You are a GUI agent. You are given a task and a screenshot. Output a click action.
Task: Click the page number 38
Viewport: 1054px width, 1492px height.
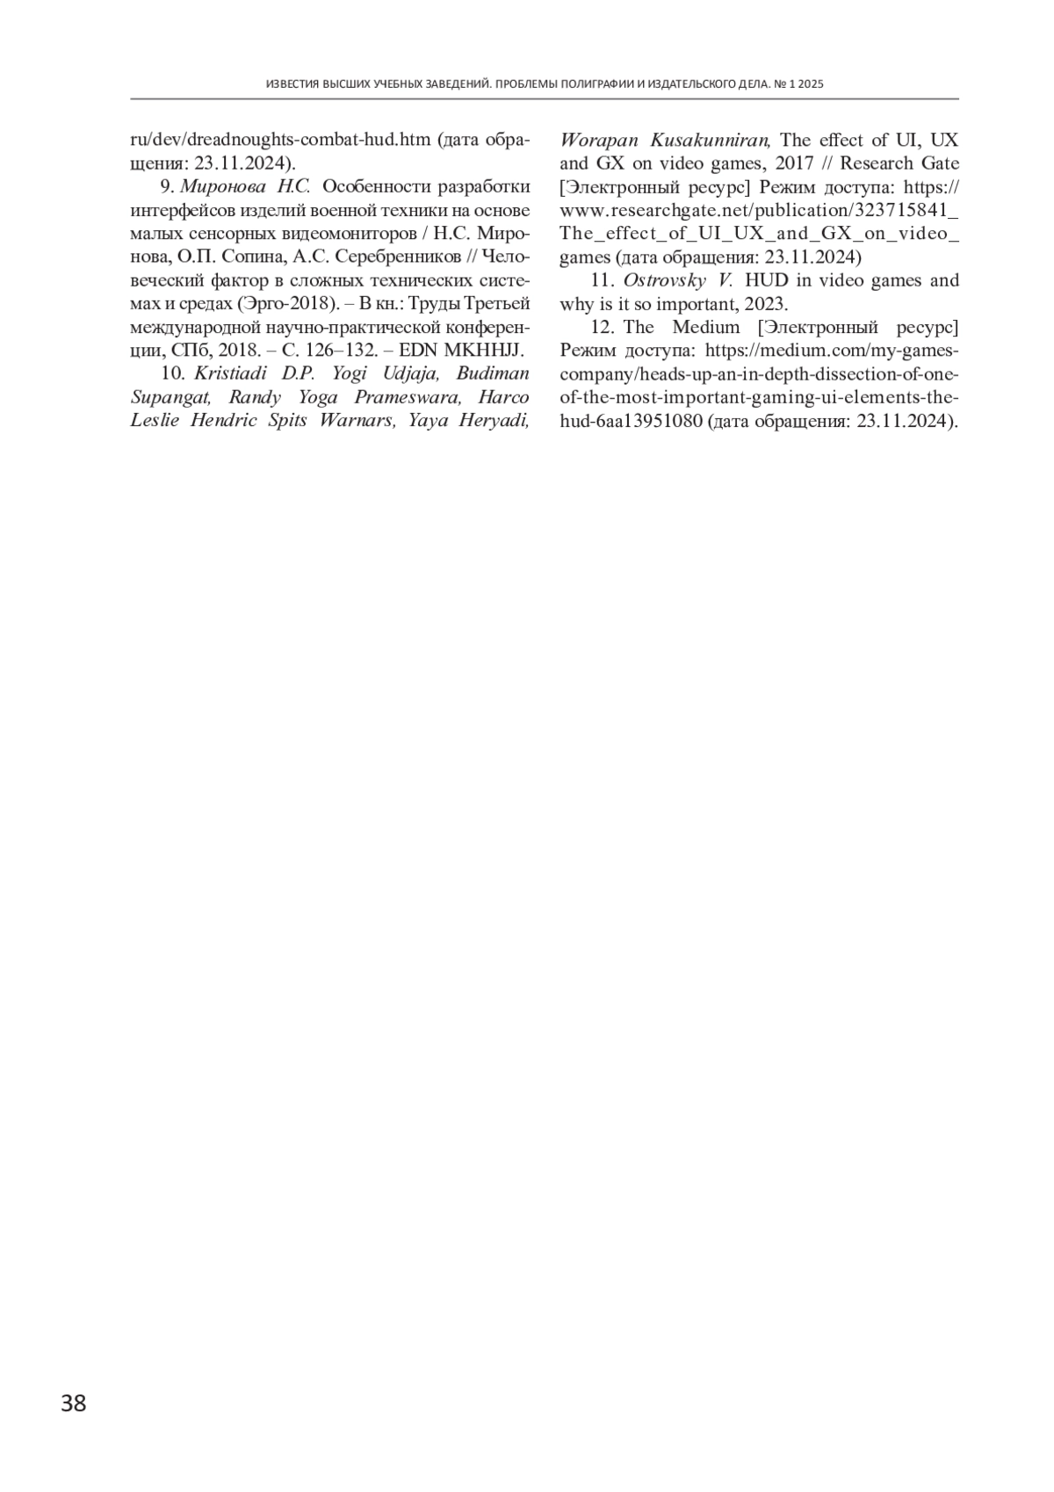coord(74,1403)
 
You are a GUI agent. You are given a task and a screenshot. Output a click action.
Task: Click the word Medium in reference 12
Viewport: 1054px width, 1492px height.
coord(701,327)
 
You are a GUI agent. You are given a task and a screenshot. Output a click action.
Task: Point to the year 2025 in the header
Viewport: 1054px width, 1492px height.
coord(811,84)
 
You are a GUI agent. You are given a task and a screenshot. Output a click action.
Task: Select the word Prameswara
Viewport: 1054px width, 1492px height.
coord(408,397)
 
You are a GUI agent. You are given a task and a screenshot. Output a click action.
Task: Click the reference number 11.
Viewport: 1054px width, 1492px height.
coord(601,280)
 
